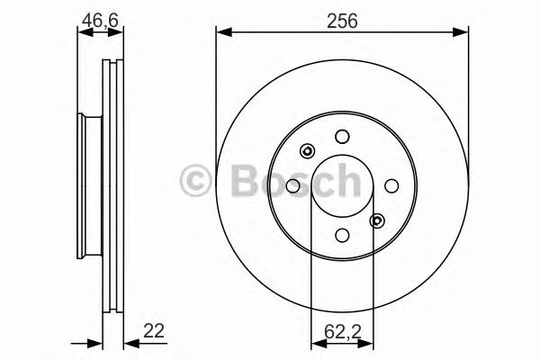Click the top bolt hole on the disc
[x=341, y=137]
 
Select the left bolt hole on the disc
[x=293, y=184]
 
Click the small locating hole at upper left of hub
[x=308, y=151]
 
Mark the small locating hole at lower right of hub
[x=376, y=219]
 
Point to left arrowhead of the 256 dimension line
[x=221, y=33]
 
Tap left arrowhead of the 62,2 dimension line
[x=315, y=343]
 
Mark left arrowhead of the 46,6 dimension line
[x=83, y=33]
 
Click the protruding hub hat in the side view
[x=86, y=186]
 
